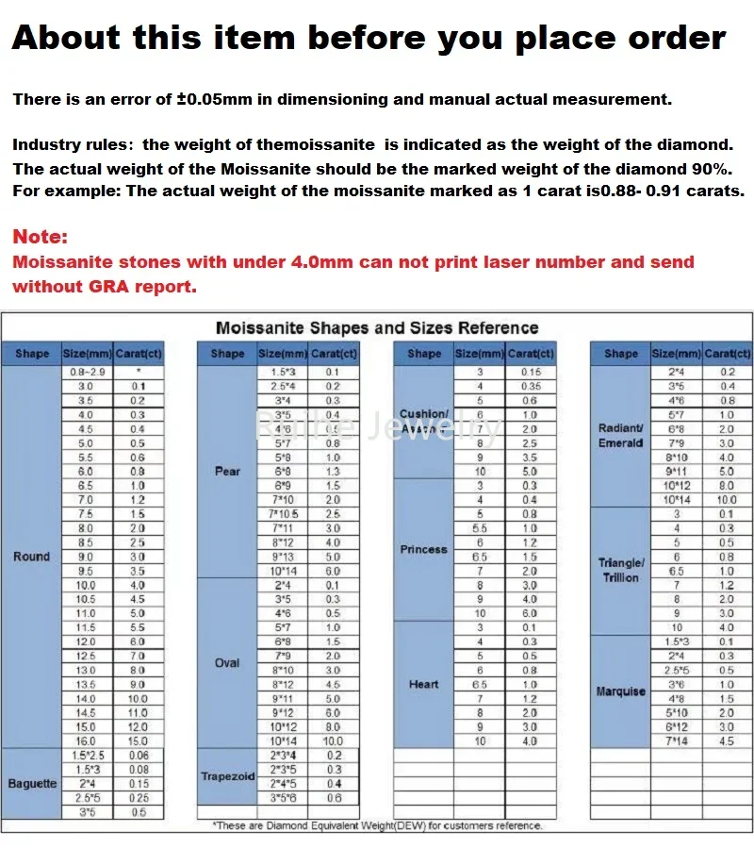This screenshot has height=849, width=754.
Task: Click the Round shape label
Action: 31,557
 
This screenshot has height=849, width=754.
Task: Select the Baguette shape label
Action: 31,784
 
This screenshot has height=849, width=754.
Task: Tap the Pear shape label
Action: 227,471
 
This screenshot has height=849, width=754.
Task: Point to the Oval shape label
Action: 227,662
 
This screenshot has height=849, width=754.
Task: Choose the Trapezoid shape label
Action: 227,776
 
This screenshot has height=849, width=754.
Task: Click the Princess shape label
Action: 423,549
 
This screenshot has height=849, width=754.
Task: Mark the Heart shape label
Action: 423,684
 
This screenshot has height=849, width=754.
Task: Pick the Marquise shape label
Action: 620,691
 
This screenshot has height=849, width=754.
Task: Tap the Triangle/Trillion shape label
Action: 620,570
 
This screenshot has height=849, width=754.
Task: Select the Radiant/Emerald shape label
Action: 620,435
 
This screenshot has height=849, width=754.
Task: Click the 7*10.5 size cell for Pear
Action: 283,513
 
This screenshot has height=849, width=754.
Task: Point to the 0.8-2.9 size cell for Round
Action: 86,373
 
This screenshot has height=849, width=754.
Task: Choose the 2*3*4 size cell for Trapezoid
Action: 283,755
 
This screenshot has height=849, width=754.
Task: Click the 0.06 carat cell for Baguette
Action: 139,755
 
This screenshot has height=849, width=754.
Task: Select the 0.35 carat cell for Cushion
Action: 530,387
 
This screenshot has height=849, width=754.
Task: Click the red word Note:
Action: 41,238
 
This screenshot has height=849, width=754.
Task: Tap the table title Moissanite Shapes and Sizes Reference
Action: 377,327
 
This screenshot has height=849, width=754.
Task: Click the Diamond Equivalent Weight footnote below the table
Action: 377,825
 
